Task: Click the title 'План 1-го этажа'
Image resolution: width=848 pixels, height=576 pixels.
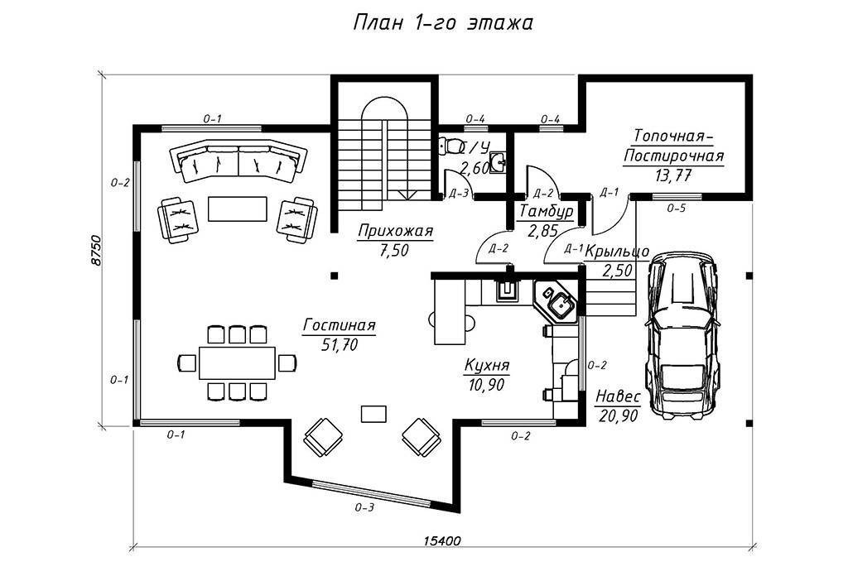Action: (x=443, y=23)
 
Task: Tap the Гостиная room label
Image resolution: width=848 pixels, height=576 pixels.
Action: (x=339, y=326)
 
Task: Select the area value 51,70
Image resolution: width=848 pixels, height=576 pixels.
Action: (x=340, y=345)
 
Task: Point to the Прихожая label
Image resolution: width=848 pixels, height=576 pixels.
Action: (x=395, y=232)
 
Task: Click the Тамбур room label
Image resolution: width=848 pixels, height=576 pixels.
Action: (x=547, y=211)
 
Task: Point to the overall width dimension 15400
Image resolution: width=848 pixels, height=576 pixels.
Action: (x=442, y=541)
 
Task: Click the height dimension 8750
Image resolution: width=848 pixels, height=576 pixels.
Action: (x=98, y=250)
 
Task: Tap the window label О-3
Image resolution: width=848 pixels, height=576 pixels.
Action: (x=364, y=508)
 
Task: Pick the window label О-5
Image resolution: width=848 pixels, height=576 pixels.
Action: (x=676, y=208)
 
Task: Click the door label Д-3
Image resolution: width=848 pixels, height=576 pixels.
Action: (x=459, y=194)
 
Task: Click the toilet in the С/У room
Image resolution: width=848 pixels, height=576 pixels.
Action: (x=448, y=146)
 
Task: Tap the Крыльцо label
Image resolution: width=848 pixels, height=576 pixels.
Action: (x=617, y=252)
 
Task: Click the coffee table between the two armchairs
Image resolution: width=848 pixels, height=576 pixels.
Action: (x=238, y=209)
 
